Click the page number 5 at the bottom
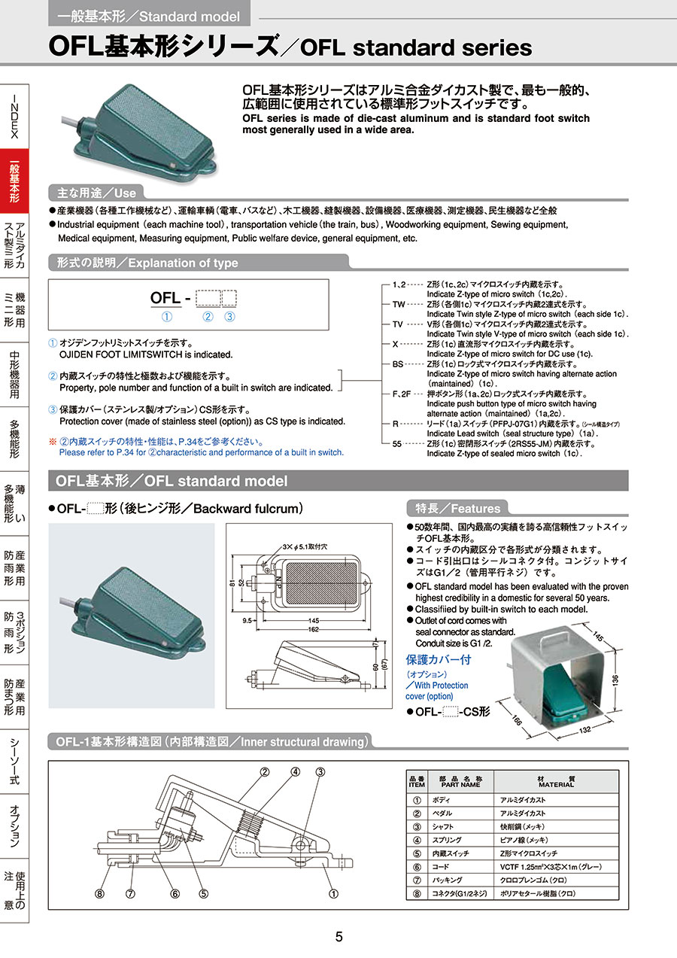tap(338, 937)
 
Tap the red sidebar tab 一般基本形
tap(14, 181)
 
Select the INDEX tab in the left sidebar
tap(14, 117)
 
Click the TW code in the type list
tap(399, 304)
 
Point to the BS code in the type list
tap(398, 364)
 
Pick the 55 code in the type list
tap(397, 443)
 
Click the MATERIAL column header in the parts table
tap(556, 782)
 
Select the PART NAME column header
tap(460, 782)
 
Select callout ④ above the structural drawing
tap(296, 771)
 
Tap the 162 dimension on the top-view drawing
tap(313, 630)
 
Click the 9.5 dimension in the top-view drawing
tap(247, 621)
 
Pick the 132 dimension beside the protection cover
tap(585, 729)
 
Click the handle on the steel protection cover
tap(556, 638)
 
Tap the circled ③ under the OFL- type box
tap(229, 317)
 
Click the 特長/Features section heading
tap(457, 508)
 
